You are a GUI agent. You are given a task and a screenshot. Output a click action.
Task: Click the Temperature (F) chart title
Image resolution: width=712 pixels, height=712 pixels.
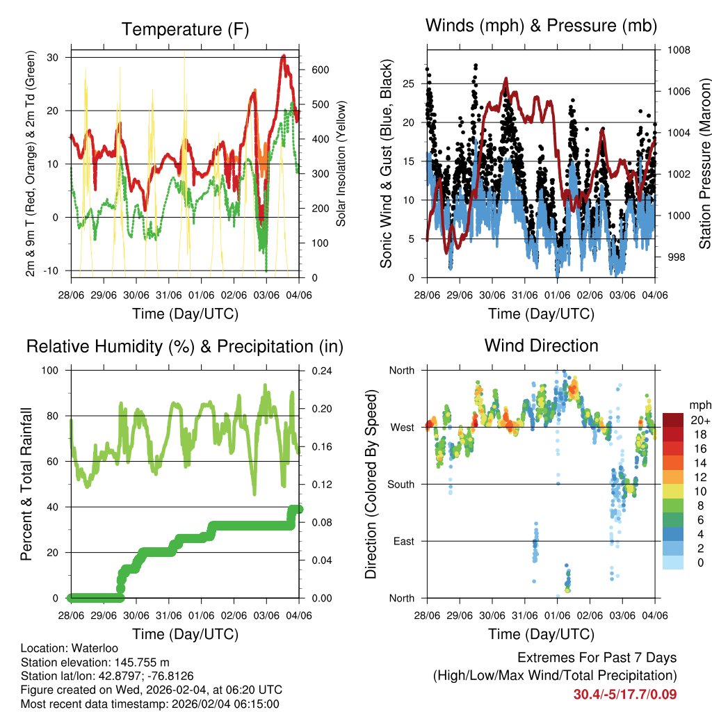tap(184, 29)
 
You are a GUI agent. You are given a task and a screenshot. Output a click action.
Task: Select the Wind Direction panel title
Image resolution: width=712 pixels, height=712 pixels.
tap(541, 346)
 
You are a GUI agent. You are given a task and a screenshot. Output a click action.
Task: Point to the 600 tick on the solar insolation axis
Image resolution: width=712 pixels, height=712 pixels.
tap(320, 70)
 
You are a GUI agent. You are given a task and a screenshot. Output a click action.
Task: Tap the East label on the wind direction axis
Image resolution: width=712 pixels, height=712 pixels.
tap(404, 541)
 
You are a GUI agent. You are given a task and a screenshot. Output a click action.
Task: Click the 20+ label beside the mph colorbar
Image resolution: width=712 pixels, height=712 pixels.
tap(699, 420)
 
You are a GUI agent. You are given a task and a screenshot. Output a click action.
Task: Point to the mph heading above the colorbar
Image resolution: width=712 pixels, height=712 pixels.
tap(699, 405)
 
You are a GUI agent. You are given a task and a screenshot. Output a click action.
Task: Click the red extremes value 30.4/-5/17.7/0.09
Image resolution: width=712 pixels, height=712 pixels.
tap(624, 694)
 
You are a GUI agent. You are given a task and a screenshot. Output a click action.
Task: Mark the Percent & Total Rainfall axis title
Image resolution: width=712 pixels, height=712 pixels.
tap(26, 484)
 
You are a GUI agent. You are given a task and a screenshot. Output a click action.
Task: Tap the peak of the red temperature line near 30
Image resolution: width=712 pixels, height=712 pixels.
tap(283, 56)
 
